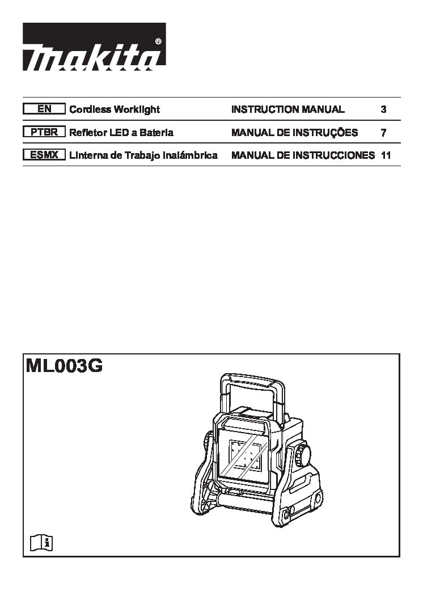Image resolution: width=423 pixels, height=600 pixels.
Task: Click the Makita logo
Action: (94, 47)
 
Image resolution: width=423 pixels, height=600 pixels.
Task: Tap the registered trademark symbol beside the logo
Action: (158, 41)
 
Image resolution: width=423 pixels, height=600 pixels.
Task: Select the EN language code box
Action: (44, 109)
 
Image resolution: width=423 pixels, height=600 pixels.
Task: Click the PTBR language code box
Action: (44, 132)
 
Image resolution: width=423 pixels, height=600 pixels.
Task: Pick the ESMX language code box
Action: (44, 155)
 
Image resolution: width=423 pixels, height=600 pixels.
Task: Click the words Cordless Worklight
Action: (115, 109)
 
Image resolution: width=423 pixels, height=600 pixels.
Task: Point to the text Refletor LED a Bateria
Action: (121, 132)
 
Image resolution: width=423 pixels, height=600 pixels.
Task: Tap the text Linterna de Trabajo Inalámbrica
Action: (143, 155)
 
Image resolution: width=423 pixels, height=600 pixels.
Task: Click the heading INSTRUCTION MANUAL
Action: (287, 109)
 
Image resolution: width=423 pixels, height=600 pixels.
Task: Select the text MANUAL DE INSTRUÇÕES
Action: (294, 132)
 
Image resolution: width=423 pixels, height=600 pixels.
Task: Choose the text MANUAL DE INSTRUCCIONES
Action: (303, 155)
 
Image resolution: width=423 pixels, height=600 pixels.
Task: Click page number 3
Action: (383, 109)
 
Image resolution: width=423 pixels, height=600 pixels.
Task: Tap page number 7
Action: (383, 133)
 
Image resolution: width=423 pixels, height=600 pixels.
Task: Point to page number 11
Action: (386, 155)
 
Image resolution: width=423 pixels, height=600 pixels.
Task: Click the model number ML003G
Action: (64, 366)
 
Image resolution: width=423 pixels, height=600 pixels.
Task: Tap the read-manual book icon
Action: (41, 542)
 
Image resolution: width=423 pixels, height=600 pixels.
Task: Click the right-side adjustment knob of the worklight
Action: (302, 454)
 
